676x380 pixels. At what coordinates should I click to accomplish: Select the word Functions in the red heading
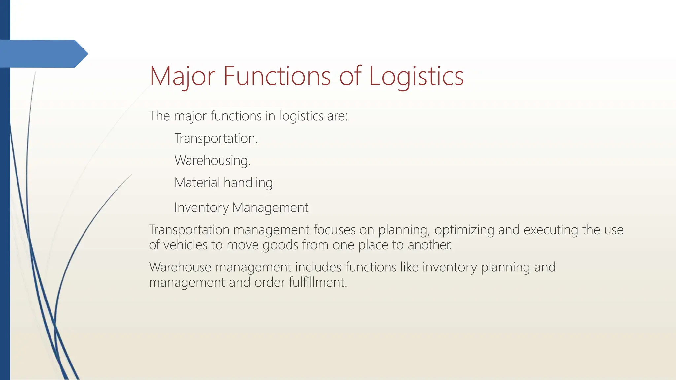(277, 76)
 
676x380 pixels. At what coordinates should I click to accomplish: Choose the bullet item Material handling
(223, 183)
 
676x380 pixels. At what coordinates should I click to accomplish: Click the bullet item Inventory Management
(241, 207)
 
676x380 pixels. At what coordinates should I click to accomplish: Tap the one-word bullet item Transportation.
(216, 138)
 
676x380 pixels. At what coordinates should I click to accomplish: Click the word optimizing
(464, 230)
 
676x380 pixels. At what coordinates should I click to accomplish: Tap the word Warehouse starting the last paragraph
(180, 267)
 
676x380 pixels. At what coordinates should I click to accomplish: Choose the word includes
(318, 267)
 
